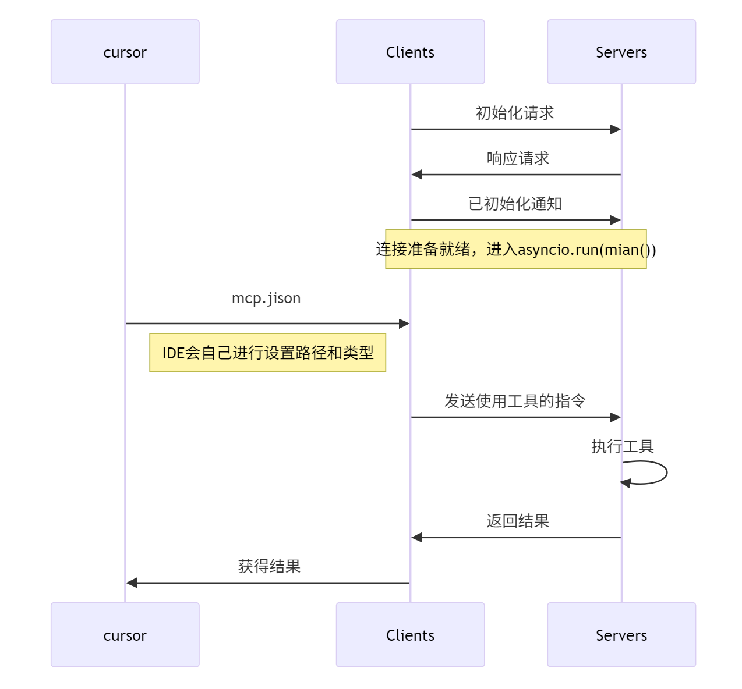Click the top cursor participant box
coord(125,52)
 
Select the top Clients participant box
coord(410,52)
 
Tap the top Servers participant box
coord(621,52)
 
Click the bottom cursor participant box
coord(125,635)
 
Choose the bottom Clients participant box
coord(410,635)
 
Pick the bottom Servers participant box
coord(621,635)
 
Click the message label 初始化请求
coord(515,113)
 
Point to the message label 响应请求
coord(518,158)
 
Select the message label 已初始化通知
coord(515,204)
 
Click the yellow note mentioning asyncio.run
coord(515,249)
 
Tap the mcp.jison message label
coord(266,298)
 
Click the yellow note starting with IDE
coord(267,353)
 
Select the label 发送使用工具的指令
coord(515,401)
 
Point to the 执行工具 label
coord(622,446)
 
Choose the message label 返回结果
coord(518,521)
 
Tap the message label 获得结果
coord(269,566)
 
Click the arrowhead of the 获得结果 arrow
coord(132,583)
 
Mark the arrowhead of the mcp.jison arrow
coord(404,324)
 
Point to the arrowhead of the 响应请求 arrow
coord(417,175)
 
